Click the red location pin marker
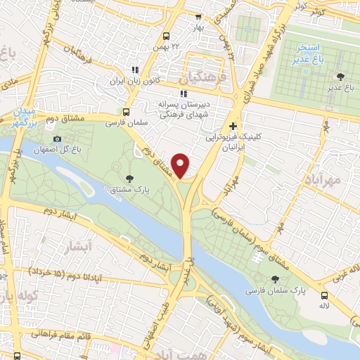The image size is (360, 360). coord(181,165)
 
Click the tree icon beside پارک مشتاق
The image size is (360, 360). coord(129,179)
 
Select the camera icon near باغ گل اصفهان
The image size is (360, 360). coord(57,139)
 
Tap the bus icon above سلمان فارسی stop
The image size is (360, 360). coord(127,111)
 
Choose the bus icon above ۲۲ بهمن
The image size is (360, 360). coord(167,37)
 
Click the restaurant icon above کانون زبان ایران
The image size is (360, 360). coord(134,70)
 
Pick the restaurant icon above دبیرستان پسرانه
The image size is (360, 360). coord(184,93)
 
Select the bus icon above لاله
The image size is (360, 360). coord(324,295)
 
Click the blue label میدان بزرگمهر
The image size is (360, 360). coord(23,118)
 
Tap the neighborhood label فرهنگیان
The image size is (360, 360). coord(203,75)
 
